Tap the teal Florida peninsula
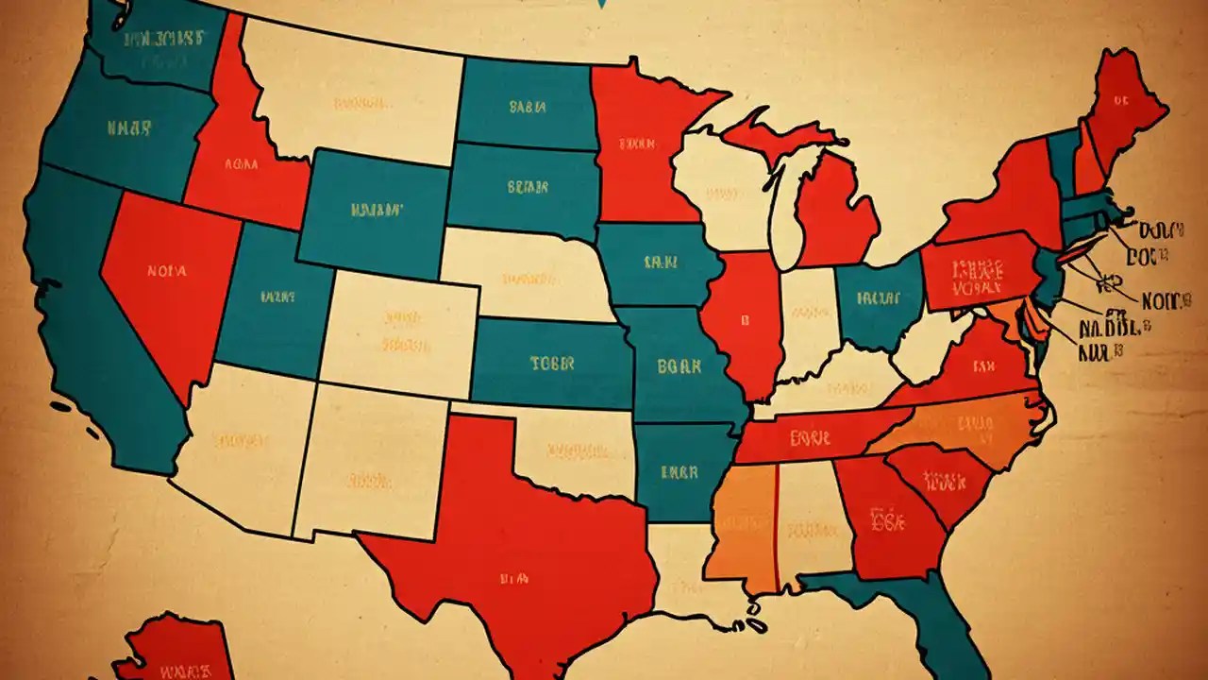[944, 623]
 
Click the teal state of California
[94, 312]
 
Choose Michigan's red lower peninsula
[835, 212]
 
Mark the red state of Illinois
[746, 321]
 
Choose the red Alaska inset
[179, 652]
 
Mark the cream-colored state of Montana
[354, 94]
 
